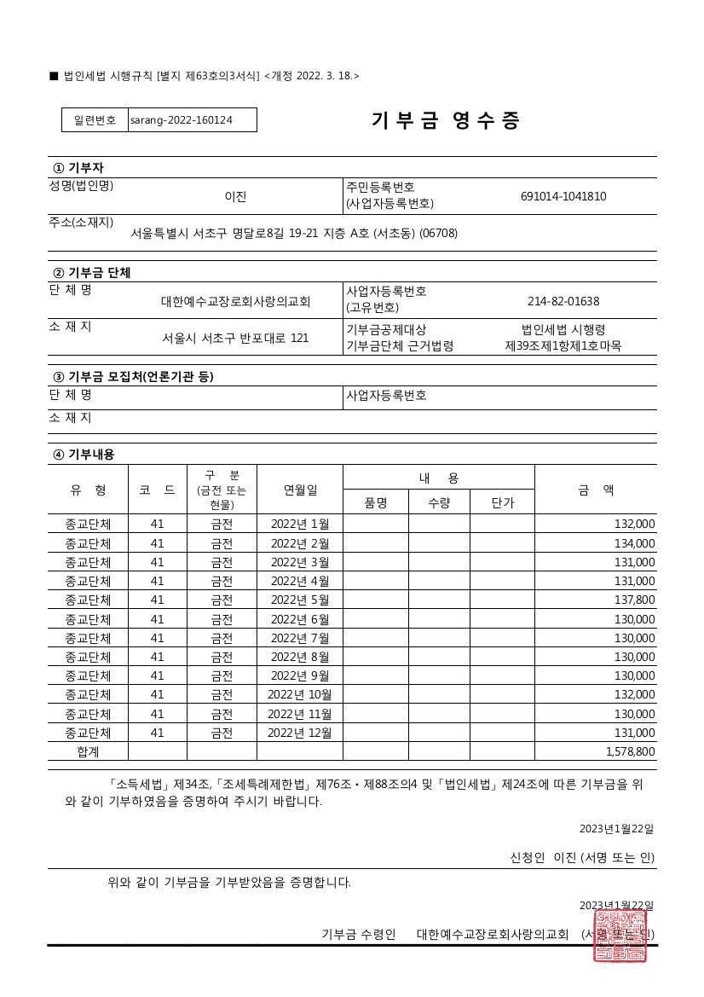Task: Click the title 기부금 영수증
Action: [x=445, y=120]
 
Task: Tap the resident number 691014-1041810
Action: [x=563, y=196]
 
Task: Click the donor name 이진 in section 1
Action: [x=235, y=196]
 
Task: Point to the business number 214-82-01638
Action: [x=563, y=301]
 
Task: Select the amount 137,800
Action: [x=634, y=600]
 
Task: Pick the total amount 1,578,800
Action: [x=630, y=751]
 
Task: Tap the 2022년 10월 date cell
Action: [x=300, y=694]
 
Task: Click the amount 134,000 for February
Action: [x=634, y=543]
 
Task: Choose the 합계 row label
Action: [x=88, y=751]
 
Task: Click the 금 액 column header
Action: [x=596, y=490]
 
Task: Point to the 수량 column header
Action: [x=439, y=502]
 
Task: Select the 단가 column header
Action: [x=503, y=502]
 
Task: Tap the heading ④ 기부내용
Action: [x=84, y=455]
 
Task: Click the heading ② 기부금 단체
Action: [x=92, y=273]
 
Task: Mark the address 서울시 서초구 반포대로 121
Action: [x=236, y=338]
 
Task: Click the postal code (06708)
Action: [x=438, y=233]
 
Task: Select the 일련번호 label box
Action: [x=95, y=120]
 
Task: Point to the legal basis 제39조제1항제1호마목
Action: [x=563, y=346]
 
